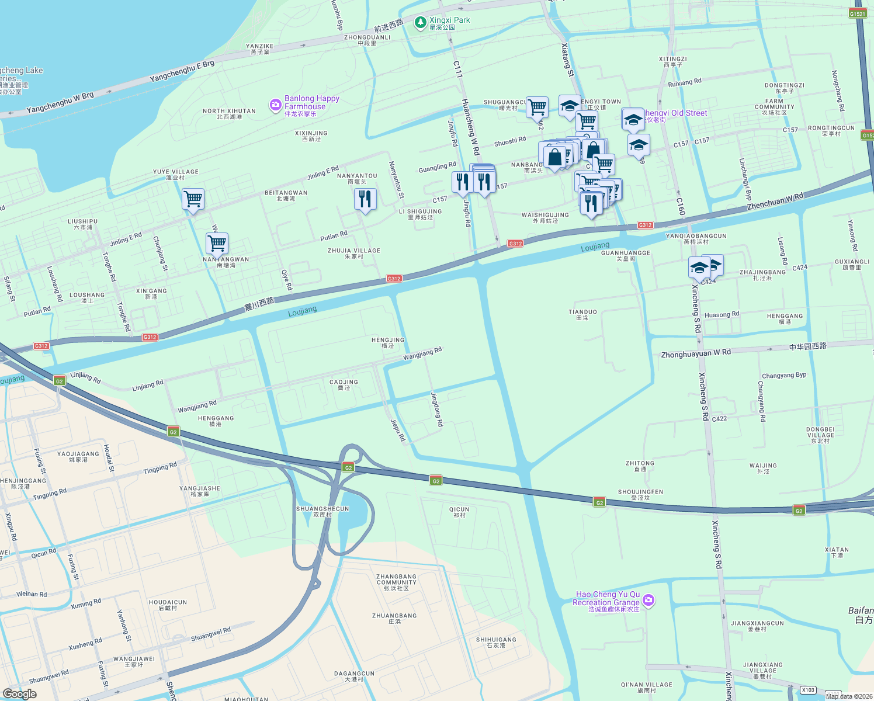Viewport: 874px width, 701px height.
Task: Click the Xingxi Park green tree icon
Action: tap(419, 23)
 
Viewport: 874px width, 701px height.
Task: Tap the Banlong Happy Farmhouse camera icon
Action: tap(275, 105)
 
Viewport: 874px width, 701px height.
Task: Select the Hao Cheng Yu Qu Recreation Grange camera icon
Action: tap(648, 600)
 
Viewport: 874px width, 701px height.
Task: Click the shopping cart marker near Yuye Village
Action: tap(193, 199)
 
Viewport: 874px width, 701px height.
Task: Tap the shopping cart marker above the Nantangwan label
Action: tap(217, 243)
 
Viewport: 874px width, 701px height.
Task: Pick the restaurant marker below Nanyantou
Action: tap(365, 199)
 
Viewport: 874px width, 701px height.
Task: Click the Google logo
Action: tap(19, 693)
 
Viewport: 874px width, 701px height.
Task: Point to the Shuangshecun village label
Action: tap(322, 512)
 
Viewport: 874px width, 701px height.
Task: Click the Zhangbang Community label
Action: tap(397, 582)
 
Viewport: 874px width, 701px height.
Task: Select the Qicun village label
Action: tap(459, 512)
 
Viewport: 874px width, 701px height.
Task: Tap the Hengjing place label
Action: tap(388, 342)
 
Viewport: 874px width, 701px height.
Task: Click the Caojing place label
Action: tap(344, 384)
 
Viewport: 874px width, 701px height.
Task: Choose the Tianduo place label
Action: tap(582, 315)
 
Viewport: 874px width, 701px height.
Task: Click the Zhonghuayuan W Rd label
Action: tap(695, 353)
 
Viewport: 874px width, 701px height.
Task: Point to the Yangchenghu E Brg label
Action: tap(182, 71)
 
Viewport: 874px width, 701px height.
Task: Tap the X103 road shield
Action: tap(808, 690)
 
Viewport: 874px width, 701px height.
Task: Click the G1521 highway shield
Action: tap(857, 13)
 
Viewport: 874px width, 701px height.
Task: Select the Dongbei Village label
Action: tap(820, 435)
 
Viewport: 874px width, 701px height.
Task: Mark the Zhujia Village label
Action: tap(354, 253)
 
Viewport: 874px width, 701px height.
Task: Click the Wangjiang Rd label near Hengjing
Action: tap(422, 353)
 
